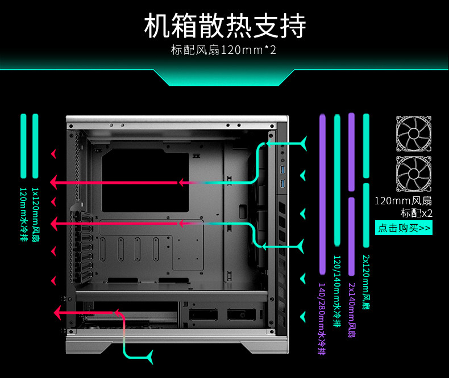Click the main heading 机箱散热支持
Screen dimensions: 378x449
(x=224, y=26)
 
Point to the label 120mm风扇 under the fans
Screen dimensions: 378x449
(x=404, y=201)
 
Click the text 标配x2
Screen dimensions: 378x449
(x=417, y=213)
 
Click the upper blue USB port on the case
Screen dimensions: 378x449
(x=282, y=170)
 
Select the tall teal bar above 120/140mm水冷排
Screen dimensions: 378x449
(x=337, y=182)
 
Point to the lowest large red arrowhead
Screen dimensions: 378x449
(x=57, y=312)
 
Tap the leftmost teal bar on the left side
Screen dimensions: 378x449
(x=24, y=146)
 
